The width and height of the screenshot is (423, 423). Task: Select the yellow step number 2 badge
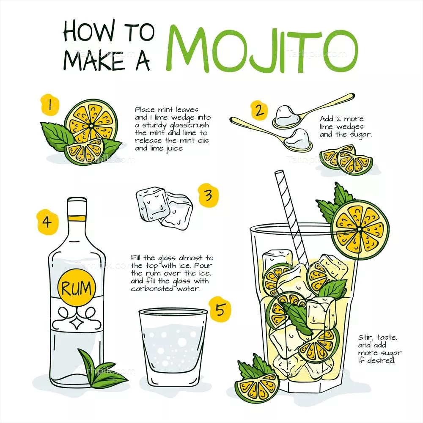(x=259, y=110)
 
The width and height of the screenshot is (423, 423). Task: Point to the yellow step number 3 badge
(x=208, y=195)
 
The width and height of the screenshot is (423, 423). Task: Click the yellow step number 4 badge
(x=47, y=222)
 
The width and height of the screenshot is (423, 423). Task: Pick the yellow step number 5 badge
(x=220, y=309)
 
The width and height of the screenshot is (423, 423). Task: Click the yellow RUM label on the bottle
(x=77, y=288)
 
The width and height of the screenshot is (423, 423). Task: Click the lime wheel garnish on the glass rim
(x=360, y=230)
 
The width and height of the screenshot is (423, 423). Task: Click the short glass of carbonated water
(x=173, y=348)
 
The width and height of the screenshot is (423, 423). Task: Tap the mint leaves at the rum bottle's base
(x=102, y=369)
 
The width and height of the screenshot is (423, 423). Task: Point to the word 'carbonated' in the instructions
(x=152, y=288)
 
